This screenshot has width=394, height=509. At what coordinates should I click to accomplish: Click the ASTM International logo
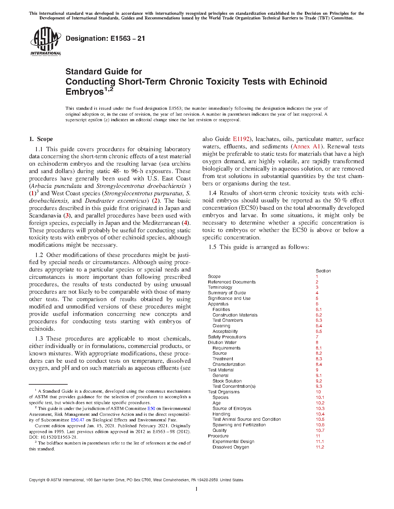[45, 41]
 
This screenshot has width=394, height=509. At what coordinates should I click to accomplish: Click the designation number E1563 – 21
[105, 39]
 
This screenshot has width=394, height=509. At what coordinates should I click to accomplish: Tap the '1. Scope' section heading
[41, 139]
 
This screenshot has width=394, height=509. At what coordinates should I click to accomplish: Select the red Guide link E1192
[241, 139]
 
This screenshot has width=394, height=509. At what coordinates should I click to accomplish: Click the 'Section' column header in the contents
[323, 271]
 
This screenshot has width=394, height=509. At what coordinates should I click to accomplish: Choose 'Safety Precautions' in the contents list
[227, 337]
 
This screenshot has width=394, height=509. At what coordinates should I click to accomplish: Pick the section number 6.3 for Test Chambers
[319, 320]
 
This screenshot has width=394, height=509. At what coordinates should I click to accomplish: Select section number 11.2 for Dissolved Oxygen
[320, 447]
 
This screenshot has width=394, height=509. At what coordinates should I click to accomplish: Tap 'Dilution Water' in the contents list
[222, 342]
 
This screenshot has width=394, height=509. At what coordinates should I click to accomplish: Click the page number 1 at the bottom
[197, 489]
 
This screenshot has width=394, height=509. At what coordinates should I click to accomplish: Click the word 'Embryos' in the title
[84, 92]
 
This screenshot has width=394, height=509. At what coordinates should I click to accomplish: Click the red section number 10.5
[320, 419]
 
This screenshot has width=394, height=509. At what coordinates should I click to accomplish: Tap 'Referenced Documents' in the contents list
[231, 282]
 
